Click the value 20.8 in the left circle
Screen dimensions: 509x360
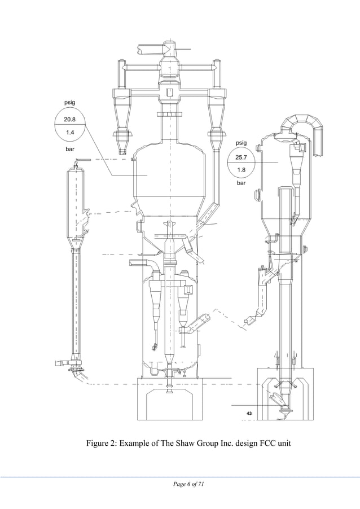coord(69,120)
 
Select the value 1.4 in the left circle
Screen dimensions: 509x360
coord(69,133)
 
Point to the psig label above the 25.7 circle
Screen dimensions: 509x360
coord(242,143)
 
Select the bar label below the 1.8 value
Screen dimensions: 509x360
coord(242,183)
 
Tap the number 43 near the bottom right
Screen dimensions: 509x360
coord(249,414)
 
